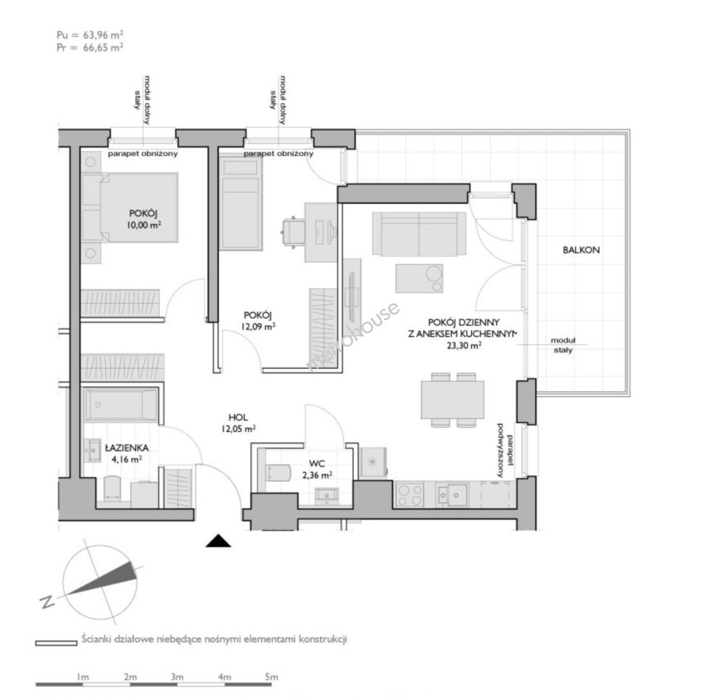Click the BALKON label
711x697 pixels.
click(581, 250)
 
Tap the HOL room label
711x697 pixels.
click(238, 418)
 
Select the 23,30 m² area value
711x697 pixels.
click(464, 345)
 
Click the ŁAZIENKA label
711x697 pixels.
click(127, 448)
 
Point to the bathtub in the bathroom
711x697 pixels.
click(121, 404)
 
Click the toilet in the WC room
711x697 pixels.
click(277, 473)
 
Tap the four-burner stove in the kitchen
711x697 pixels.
click(409, 494)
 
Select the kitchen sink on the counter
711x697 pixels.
click(452, 494)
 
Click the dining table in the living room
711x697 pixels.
click(453, 399)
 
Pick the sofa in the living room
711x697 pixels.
click(419, 234)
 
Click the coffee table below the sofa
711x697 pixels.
click(419, 279)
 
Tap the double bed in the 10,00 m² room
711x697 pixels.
click(129, 207)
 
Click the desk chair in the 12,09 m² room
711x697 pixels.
click(293, 232)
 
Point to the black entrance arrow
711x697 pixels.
click(218, 541)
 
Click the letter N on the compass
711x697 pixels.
click(47, 601)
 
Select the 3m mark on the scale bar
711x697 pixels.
click(178, 677)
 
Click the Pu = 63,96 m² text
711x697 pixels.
click(90, 35)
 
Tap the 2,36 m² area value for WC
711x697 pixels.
click(317, 475)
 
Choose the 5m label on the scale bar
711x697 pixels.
click(271, 677)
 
